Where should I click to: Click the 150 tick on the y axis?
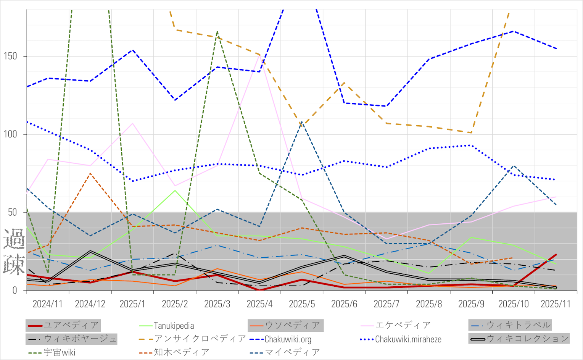coord(11,56)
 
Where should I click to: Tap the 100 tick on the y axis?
coord(11,134)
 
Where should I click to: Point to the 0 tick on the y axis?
coord(15,290)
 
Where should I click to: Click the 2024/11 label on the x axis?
coord(47,304)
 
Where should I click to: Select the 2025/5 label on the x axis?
coord(302,304)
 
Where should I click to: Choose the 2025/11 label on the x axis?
coord(556,304)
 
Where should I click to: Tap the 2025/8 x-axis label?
coord(429,304)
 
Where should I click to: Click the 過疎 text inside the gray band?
coord(14,252)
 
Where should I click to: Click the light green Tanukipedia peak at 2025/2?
coord(175,190)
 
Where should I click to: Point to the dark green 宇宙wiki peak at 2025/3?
coord(217,32)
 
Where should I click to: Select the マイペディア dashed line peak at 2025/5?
coord(302,122)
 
